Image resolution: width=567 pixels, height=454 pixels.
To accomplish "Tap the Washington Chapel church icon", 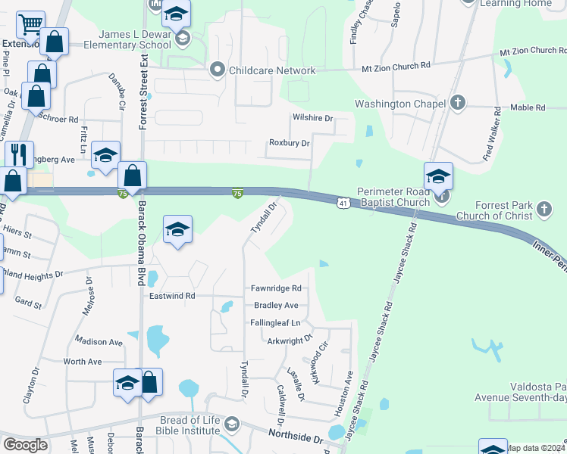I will click(x=457, y=102).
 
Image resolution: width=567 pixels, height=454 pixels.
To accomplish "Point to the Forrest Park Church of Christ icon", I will click(x=544, y=207).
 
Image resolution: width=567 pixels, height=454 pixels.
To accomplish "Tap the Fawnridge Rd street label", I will click(x=276, y=288).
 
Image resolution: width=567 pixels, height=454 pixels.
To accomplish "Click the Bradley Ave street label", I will click(x=276, y=306).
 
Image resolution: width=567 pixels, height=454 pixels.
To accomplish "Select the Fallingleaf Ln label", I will click(x=276, y=323).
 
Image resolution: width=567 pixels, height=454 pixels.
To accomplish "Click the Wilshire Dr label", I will click(x=312, y=119).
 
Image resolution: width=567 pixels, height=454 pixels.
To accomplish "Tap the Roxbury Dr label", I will click(x=289, y=143).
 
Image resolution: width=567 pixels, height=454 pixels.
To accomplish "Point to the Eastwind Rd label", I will click(x=172, y=295).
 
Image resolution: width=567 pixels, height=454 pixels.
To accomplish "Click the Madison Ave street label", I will click(x=99, y=343).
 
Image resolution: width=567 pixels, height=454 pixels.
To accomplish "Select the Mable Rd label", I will click(x=528, y=108).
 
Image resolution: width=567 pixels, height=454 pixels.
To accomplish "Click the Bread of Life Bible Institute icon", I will click(x=232, y=424).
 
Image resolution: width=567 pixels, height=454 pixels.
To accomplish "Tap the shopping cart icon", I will click(x=30, y=25).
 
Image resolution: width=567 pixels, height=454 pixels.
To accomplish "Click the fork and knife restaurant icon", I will click(x=19, y=154).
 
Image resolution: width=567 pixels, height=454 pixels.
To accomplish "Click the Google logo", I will click(x=25, y=444).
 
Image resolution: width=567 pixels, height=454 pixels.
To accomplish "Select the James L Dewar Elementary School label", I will click(x=133, y=39).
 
